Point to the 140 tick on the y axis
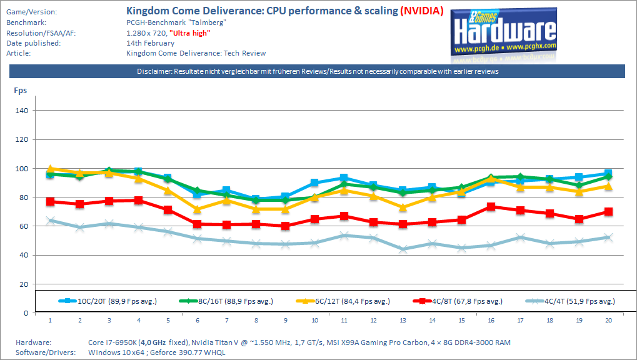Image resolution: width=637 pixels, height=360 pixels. pos(23,111)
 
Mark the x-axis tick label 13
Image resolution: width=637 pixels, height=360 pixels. pos(403,320)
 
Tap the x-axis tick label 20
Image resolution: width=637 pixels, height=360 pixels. pos(608,320)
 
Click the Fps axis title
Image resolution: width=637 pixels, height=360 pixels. pos(21,90)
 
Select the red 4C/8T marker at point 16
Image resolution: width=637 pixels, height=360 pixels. pos(491,206)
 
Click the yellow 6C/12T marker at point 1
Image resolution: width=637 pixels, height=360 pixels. pos(50,169)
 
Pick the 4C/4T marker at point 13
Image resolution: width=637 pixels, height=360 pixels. pos(403,249)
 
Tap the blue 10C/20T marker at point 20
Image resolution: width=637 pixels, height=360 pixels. pos(608,173)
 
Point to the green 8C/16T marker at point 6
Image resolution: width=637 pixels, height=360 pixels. pos(198,191)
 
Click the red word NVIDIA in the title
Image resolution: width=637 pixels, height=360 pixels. pos(422,11)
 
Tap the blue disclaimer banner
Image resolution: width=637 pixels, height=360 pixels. pos(318,71)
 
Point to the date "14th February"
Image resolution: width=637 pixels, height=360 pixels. pos(151,42)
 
